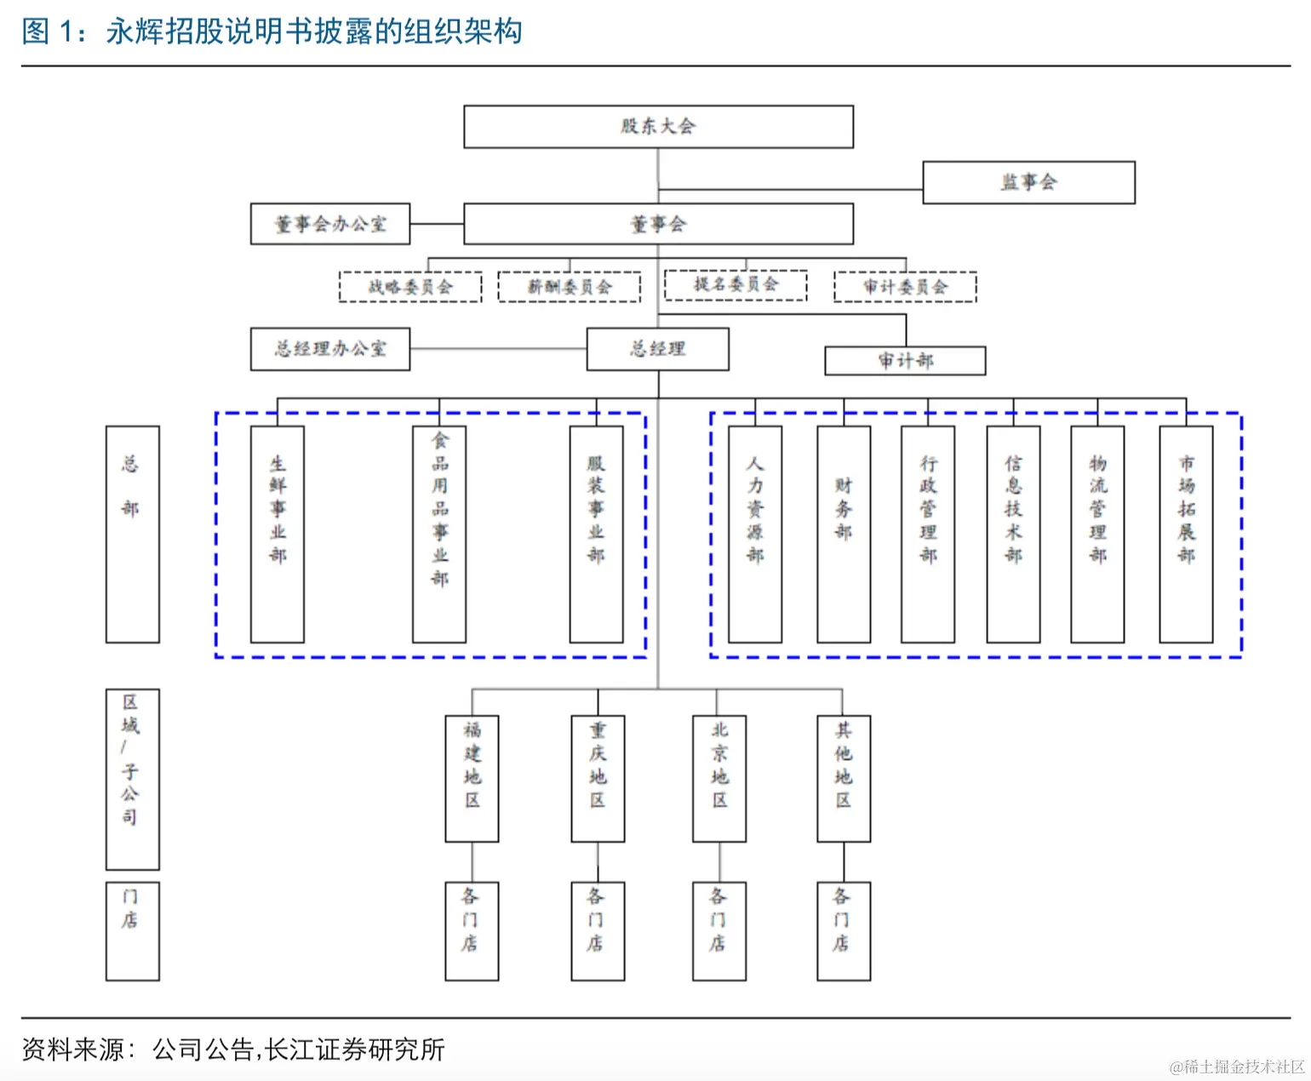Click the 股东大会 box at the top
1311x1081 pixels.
[x=658, y=127]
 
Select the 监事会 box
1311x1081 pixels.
[x=1028, y=182]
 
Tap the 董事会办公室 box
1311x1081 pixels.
[x=330, y=224]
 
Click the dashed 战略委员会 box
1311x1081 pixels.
[x=410, y=287]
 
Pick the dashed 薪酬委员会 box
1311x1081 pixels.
[x=569, y=287]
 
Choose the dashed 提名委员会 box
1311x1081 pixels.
[x=736, y=284]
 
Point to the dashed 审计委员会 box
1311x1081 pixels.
[x=905, y=287]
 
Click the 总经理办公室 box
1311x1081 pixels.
[x=330, y=349]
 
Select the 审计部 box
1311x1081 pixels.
[x=905, y=361]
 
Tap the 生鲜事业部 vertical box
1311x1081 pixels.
[x=278, y=534]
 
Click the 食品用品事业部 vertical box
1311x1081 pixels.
[x=439, y=534]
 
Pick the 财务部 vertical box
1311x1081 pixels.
[x=844, y=534]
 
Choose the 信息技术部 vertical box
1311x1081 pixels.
[x=1013, y=534]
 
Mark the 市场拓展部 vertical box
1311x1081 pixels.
[x=1186, y=534]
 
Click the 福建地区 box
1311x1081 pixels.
[x=472, y=778]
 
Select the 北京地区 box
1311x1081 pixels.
[x=719, y=778]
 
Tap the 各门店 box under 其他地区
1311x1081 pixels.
[x=843, y=930]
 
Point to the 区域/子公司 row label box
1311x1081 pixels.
[x=132, y=779]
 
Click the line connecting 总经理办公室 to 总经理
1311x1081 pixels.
[x=498, y=349]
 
